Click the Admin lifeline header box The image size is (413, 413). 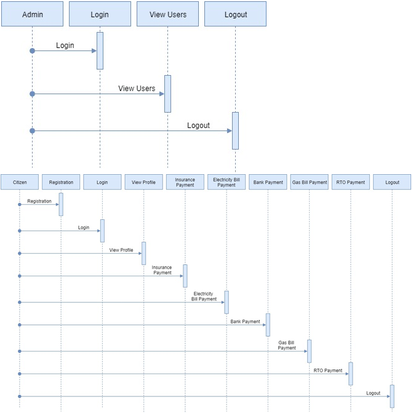coord(33,14)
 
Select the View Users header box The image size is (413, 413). coord(168,14)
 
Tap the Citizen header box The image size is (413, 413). coord(20,182)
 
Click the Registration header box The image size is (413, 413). coord(61,182)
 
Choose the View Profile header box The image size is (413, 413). coord(144,182)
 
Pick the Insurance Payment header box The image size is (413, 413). coord(185,182)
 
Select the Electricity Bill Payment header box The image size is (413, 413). coord(227,182)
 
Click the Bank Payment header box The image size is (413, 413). coord(268,182)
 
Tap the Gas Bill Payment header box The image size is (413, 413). coord(310,182)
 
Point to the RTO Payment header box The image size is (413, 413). coord(351,182)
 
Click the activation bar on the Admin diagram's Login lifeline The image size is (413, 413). coord(100,51)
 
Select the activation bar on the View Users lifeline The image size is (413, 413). coord(168,94)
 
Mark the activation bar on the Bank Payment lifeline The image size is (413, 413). coord(268,325)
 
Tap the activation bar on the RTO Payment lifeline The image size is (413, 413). coord(351,374)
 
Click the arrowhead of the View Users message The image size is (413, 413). coord(162,94)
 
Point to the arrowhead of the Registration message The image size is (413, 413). coord(57,204)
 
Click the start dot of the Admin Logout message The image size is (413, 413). coord(33,131)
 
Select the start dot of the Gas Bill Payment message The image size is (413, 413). coord(20,351)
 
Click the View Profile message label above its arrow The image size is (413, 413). coord(121,250)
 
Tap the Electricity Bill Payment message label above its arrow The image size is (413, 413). coord(204,296)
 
